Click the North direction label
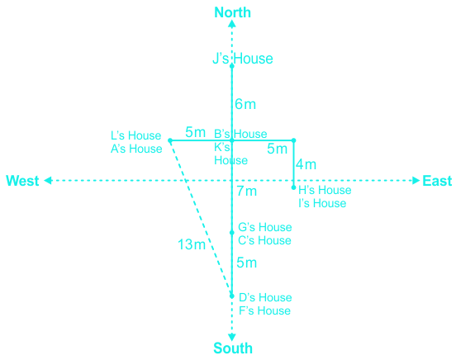(232, 12)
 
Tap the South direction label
(233, 348)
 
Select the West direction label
(22, 181)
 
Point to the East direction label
(437, 181)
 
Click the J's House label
(243, 59)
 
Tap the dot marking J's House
(232, 66)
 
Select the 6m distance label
(245, 104)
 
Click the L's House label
(135, 135)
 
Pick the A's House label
(136, 149)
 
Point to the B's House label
(240, 134)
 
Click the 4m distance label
(306, 164)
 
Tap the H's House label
(325, 190)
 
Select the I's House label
(322, 203)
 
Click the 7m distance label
(247, 191)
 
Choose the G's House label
(265, 227)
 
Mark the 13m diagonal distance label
(192, 244)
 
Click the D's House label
(265, 297)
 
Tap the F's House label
(264, 310)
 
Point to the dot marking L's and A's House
(170, 140)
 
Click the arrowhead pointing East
(416, 181)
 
